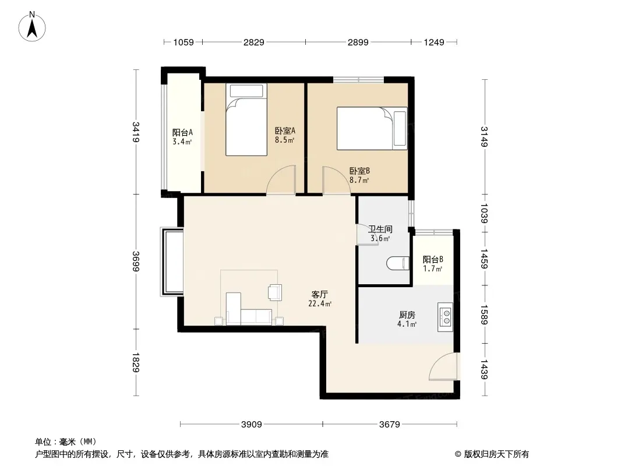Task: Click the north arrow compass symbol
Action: point(32,27)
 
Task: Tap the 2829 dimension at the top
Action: point(254,42)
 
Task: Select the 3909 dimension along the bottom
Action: point(252,425)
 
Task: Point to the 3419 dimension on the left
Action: point(136,132)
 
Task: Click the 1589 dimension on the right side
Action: point(484,315)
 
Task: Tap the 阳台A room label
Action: point(182,133)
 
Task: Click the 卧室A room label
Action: point(285,130)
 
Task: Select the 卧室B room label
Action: point(359,171)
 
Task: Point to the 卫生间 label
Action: point(380,229)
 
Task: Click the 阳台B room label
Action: point(433,260)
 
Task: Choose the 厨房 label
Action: point(407,315)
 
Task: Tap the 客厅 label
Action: point(320,295)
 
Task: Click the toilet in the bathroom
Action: point(398,263)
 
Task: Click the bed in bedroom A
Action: point(246,119)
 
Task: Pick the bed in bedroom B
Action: point(372,128)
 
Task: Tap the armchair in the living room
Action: point(275,292)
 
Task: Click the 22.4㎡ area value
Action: point(320,304)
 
